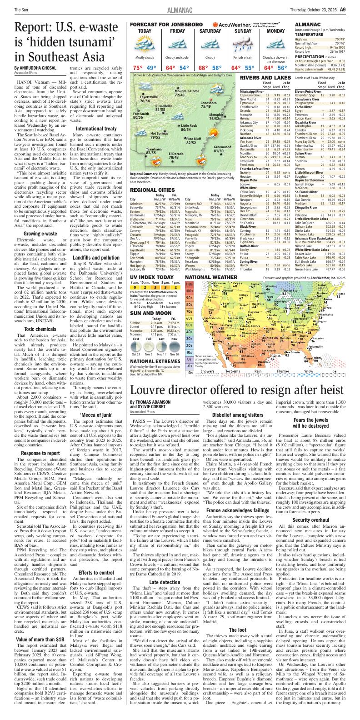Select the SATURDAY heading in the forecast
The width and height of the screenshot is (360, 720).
click(x=210, y=31)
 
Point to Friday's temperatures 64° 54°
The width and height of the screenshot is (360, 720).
click(x=177, y=68)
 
